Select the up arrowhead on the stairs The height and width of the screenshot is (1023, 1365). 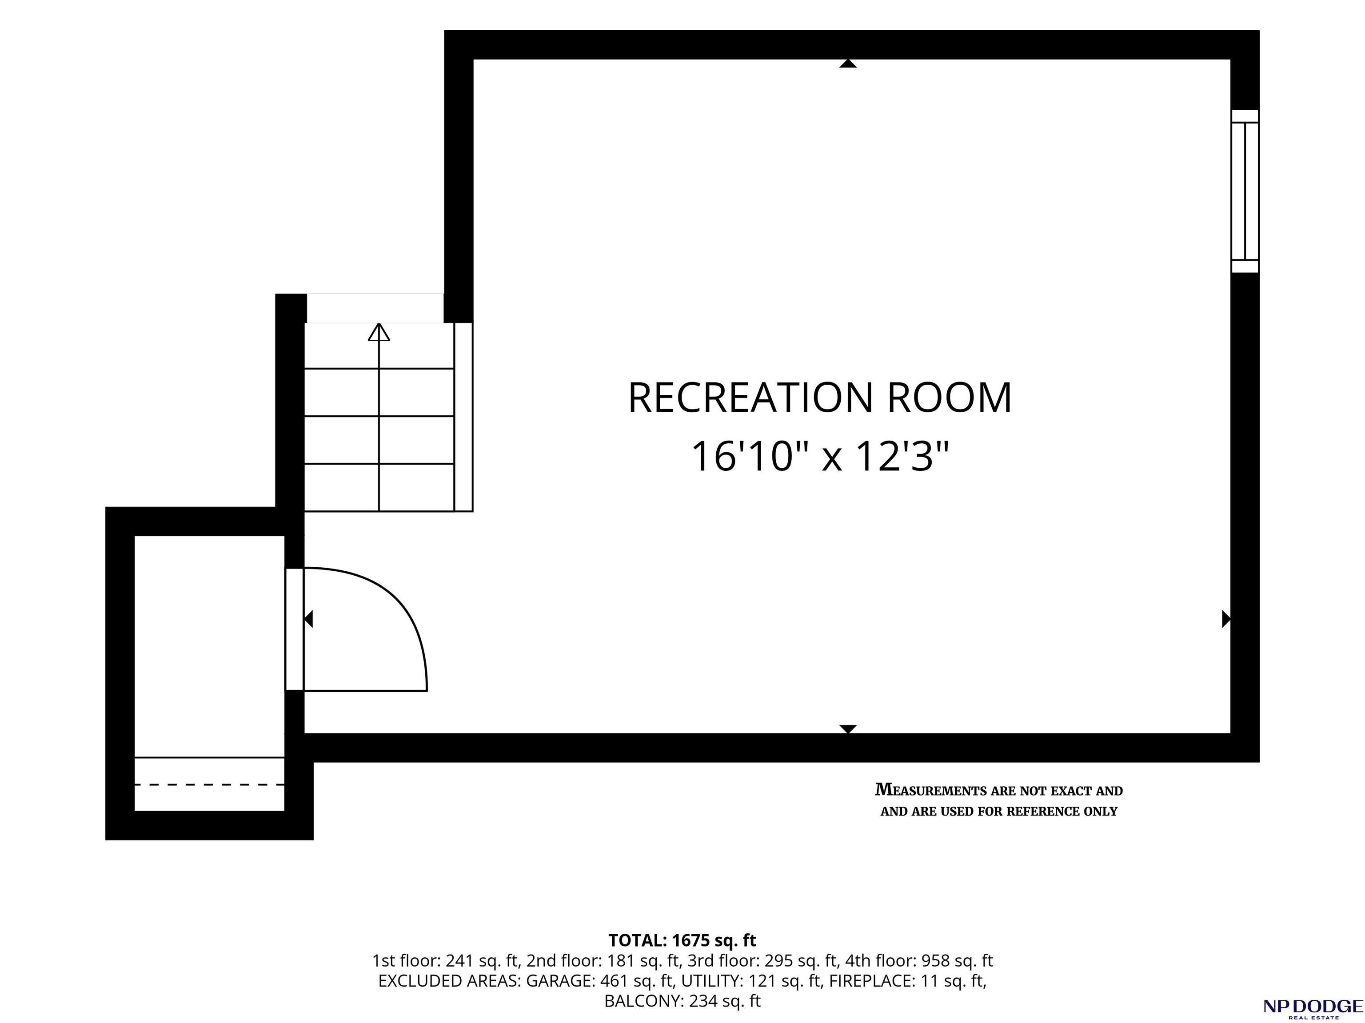(379, 332)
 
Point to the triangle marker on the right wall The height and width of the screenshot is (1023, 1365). (1226, 619)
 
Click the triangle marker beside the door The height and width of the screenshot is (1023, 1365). (308, 619)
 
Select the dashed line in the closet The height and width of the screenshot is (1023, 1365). (209, 785)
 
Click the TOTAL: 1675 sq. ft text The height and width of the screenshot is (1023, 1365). (682, 940)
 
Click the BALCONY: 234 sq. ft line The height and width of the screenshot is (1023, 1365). (682, 1001)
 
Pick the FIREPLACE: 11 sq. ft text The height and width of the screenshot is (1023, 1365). (907, 981)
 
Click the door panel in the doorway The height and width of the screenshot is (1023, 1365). (294, 629)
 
